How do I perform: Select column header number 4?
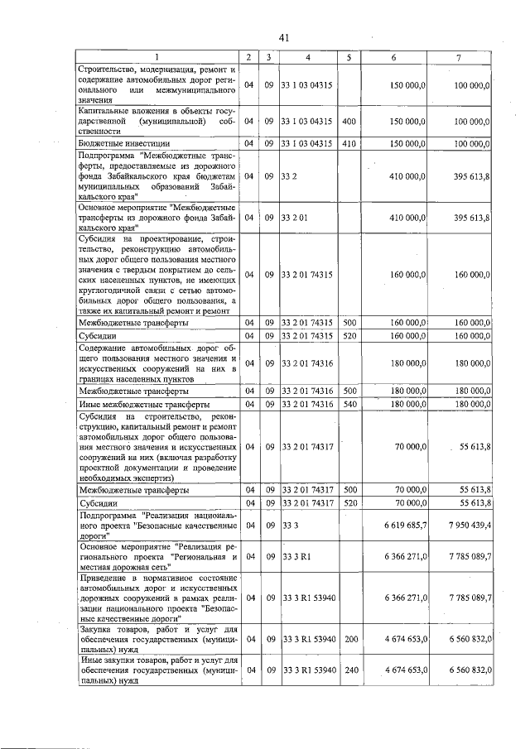pos(307,57)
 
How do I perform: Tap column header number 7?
pos(459,57)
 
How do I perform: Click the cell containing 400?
pos(349,121)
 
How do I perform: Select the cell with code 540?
pos(349,404)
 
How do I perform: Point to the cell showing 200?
pos(349,639)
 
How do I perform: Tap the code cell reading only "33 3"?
pos(290,526)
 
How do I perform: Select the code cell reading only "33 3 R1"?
pos(295,557)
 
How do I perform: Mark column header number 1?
pos(157,57)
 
